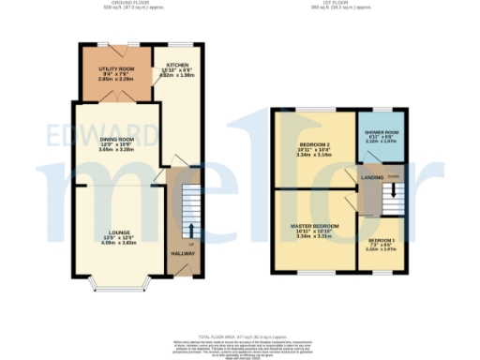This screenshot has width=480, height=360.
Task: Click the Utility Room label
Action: pos(118,69)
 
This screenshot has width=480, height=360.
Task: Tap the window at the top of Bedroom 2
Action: pos(313,108)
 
